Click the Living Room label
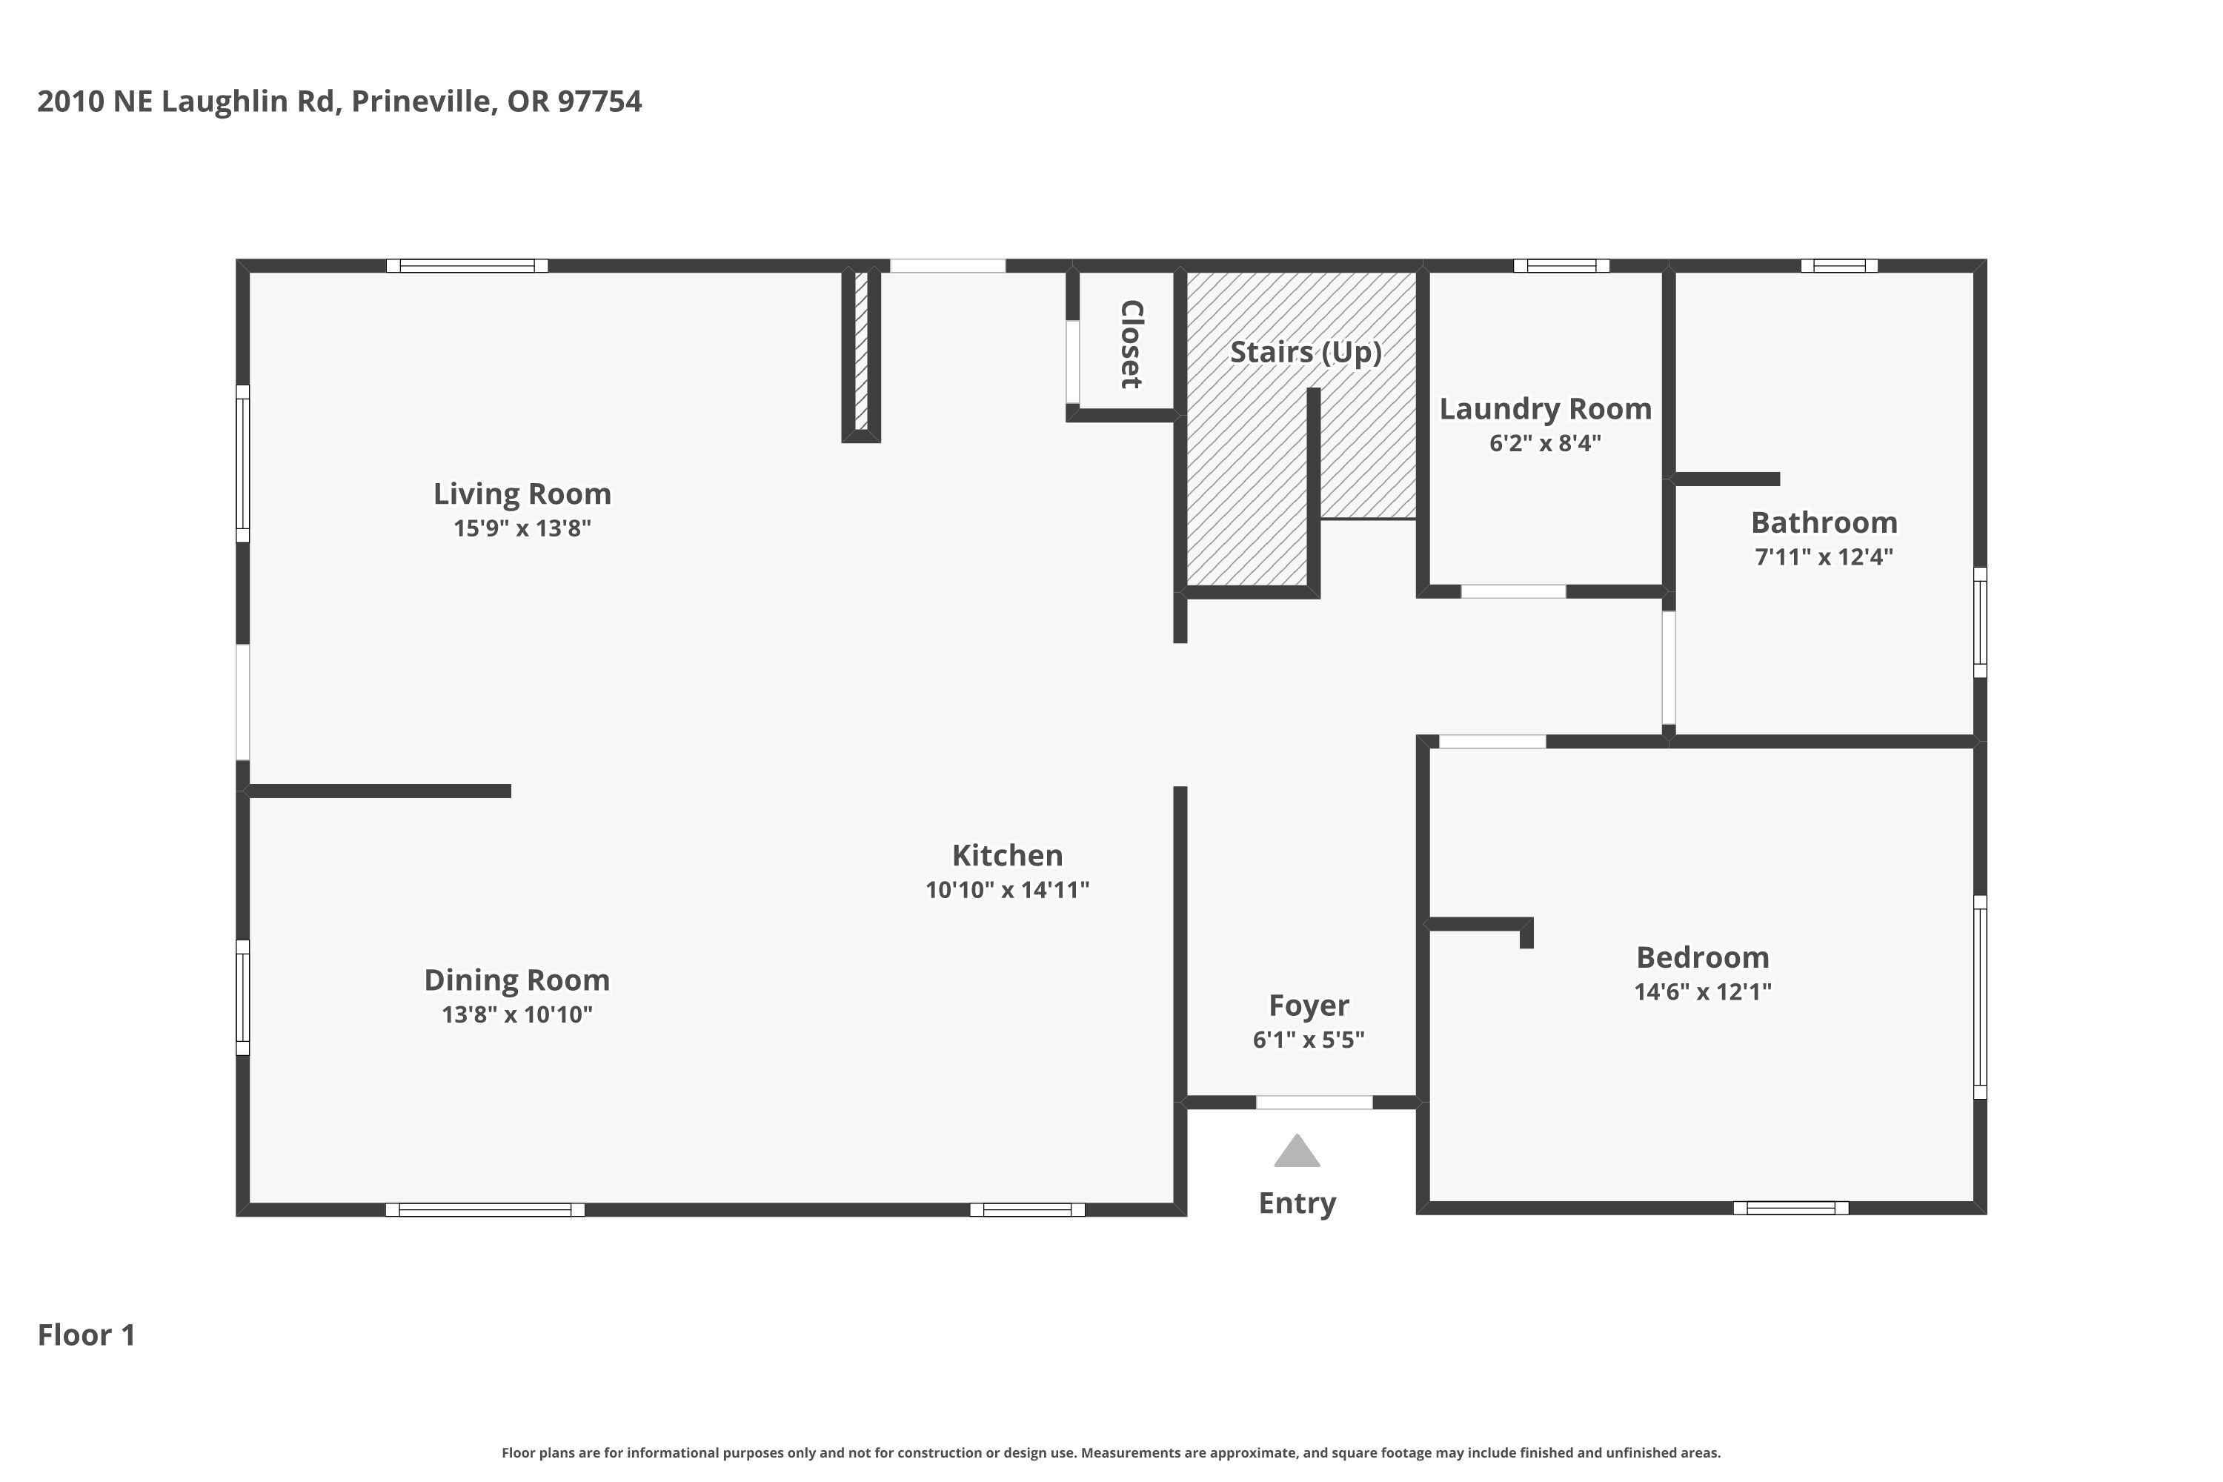coord(522,494)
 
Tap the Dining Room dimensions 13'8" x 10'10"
coord(517,1014)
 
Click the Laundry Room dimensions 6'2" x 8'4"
coord(1545,443)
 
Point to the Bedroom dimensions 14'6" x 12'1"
coord(1702,991)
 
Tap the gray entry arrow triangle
coord(1297,1152)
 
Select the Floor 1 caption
coord(87,1335)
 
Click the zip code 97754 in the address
coord(599,101)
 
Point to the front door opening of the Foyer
coord(1314,1102)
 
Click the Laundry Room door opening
coord(1513,591)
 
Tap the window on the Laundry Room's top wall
coord(1561,265)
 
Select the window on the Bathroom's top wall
coord(1838,265)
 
